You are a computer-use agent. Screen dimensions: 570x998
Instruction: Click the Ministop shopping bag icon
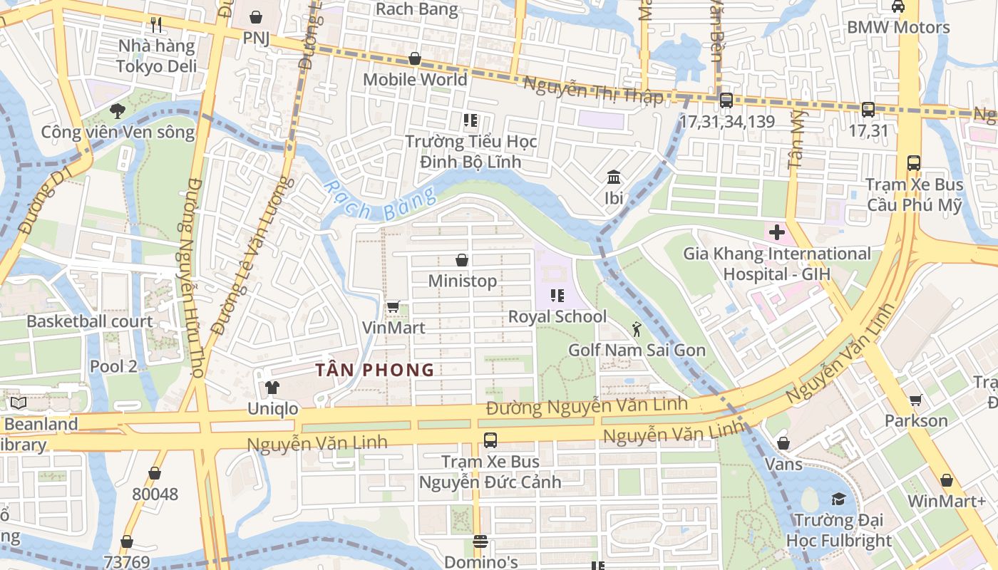coord(462,261)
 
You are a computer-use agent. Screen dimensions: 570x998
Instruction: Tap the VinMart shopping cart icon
coord(393,307)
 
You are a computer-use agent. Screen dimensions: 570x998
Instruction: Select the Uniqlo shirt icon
coord(272,388)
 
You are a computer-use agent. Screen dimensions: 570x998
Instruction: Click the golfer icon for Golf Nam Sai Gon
coord(637,329)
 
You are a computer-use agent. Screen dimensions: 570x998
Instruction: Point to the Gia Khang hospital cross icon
coord(776,232)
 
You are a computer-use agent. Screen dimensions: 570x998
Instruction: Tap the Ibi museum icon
coord(613,177)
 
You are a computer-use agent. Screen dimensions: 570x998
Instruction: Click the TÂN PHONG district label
coord(375,370)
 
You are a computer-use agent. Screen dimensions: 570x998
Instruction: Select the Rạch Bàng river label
coord(378,202)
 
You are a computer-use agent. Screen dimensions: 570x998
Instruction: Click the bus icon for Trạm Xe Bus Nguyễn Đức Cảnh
coord(490,440)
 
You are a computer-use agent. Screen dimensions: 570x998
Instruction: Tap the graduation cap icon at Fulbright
coord(838,499)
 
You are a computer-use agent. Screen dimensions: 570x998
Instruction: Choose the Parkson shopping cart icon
coord(915,400)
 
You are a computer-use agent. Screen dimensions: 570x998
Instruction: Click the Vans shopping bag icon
coord(783,443)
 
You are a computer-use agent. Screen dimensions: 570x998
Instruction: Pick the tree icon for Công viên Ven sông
coord(118,111)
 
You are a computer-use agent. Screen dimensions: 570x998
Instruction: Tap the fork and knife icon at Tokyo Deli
coord(156,25)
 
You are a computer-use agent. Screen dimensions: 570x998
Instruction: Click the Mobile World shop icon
coord(414,58)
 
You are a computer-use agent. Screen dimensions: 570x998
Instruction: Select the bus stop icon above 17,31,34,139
coord(726,100)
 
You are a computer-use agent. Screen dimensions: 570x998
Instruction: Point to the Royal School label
coord(557,316)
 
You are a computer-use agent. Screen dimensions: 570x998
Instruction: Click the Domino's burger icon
coord(480,542)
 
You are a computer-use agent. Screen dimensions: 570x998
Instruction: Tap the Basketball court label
coord(90,321)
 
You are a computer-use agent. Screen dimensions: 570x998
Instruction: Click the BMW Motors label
coord(898,28)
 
